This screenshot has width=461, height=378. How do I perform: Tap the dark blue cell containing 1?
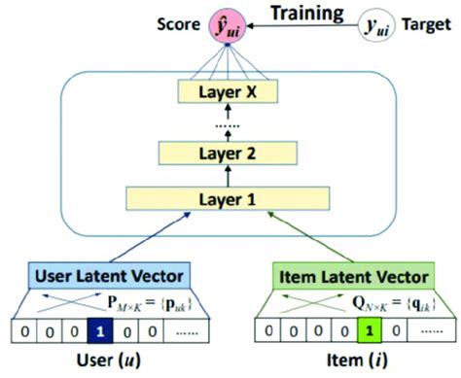coord(103,329)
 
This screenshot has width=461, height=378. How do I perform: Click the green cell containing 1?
coord(369,329)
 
